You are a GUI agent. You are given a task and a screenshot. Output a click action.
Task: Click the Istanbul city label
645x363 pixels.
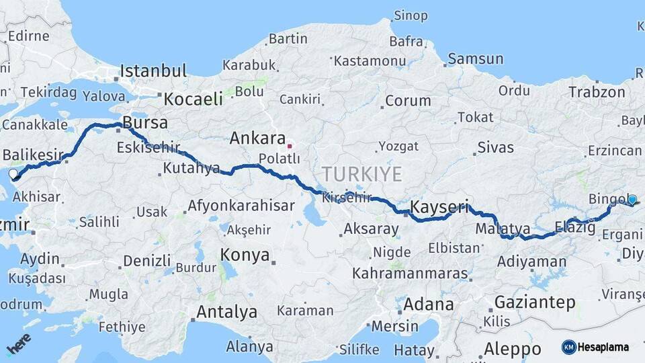pyautogui.click(x=154, y=71)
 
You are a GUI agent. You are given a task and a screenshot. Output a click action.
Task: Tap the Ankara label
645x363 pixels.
pyautogui.click(x=257, y=138)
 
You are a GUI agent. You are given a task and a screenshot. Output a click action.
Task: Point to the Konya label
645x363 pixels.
pyautogui.click(x=245, y=255)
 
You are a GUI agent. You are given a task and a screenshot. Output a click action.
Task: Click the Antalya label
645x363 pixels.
pyautogui.click(x=226, y=312)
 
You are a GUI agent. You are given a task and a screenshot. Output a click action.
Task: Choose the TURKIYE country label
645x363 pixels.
pyautogui.click(x=361, y=174)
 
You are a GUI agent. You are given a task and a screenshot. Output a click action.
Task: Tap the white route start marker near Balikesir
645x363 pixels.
pyautogui.click(x=13, y=174)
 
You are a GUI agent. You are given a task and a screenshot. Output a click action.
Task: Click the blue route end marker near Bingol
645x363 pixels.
pyautogui.click(x=632, y=199)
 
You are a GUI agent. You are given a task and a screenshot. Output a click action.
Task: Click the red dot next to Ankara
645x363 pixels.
pyautogui.click(x=290, y=145)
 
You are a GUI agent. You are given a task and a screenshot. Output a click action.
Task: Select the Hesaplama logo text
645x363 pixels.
pyautogui.click(x=603, y=348)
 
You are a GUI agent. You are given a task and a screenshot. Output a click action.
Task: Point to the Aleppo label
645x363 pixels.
pyautogui.click(x=512, y=349)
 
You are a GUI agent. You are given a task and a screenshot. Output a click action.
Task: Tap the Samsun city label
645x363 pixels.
pyautogui.click(x=475, y=59)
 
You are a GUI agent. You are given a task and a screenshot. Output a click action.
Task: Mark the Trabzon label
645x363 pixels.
pyautogui.click(x=597, y=92)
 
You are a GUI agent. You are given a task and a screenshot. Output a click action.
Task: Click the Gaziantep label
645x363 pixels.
pyautogui.click(x=535, y=302)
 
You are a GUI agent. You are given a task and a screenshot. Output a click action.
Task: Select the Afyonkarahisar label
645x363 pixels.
pyautogui.click(x=241, y=206)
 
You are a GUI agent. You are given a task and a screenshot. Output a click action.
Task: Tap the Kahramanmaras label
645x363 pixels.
pyautogui.click(x=410, y=274)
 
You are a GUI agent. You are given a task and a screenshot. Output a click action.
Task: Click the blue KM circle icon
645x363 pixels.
pyautogui.click(x=569, y=347)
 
